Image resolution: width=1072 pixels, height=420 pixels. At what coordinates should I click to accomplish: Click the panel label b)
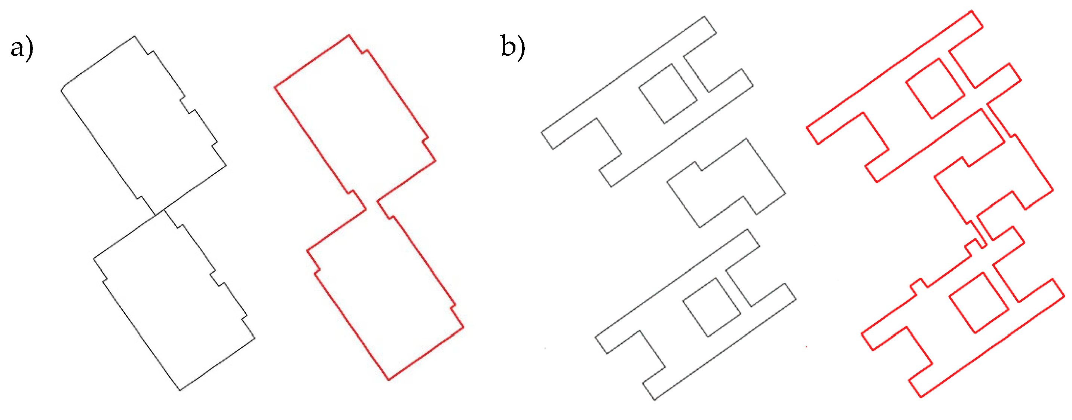pyautogui.click(x=513, y=47)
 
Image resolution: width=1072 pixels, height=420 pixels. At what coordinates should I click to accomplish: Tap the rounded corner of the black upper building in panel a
pyautogui.click(x=62, y=89)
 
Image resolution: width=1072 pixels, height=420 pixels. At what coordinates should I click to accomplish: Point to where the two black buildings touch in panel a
pyautogui.click(x=160, y=211)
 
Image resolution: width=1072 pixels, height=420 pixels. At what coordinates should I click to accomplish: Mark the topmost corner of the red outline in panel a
pyautogui.click(x=349, y=36)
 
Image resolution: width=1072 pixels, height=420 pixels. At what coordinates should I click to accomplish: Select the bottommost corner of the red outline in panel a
pyautogui.click(x=389, y=380)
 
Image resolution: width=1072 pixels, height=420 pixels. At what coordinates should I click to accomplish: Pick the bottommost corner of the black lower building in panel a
pyautogui.click(x=180, y=390)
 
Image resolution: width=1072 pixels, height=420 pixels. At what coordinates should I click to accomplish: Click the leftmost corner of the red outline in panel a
pyautogui.click(x=275, y=88)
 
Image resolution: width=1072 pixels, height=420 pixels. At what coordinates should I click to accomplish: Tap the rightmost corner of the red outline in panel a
pyautogui.click(x=463, y=327)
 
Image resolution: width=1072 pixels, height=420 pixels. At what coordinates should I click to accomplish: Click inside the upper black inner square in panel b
pyautogui.click(x=668, y=93)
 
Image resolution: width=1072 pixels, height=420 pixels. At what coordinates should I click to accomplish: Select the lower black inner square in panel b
pyautogui.click(x=712, y=307)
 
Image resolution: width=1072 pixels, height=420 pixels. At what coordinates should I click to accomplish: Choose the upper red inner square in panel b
pyautogui.click(x=935, y=89)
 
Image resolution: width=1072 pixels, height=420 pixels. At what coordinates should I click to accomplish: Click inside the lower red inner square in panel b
pyautogui.click(x=979, y=303)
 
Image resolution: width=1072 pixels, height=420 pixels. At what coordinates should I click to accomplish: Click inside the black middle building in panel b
pyautogui.click(x=726, y=183)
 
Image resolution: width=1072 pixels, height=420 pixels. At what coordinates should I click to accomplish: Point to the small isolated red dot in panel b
pyautogui.click(x=806, y=347)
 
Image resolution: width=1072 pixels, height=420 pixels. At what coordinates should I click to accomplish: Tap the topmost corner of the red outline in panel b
pyautogui.click(x=972, y=11)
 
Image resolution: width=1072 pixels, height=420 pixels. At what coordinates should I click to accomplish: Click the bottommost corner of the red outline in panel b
pyautogui.click(x=921, y=397)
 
